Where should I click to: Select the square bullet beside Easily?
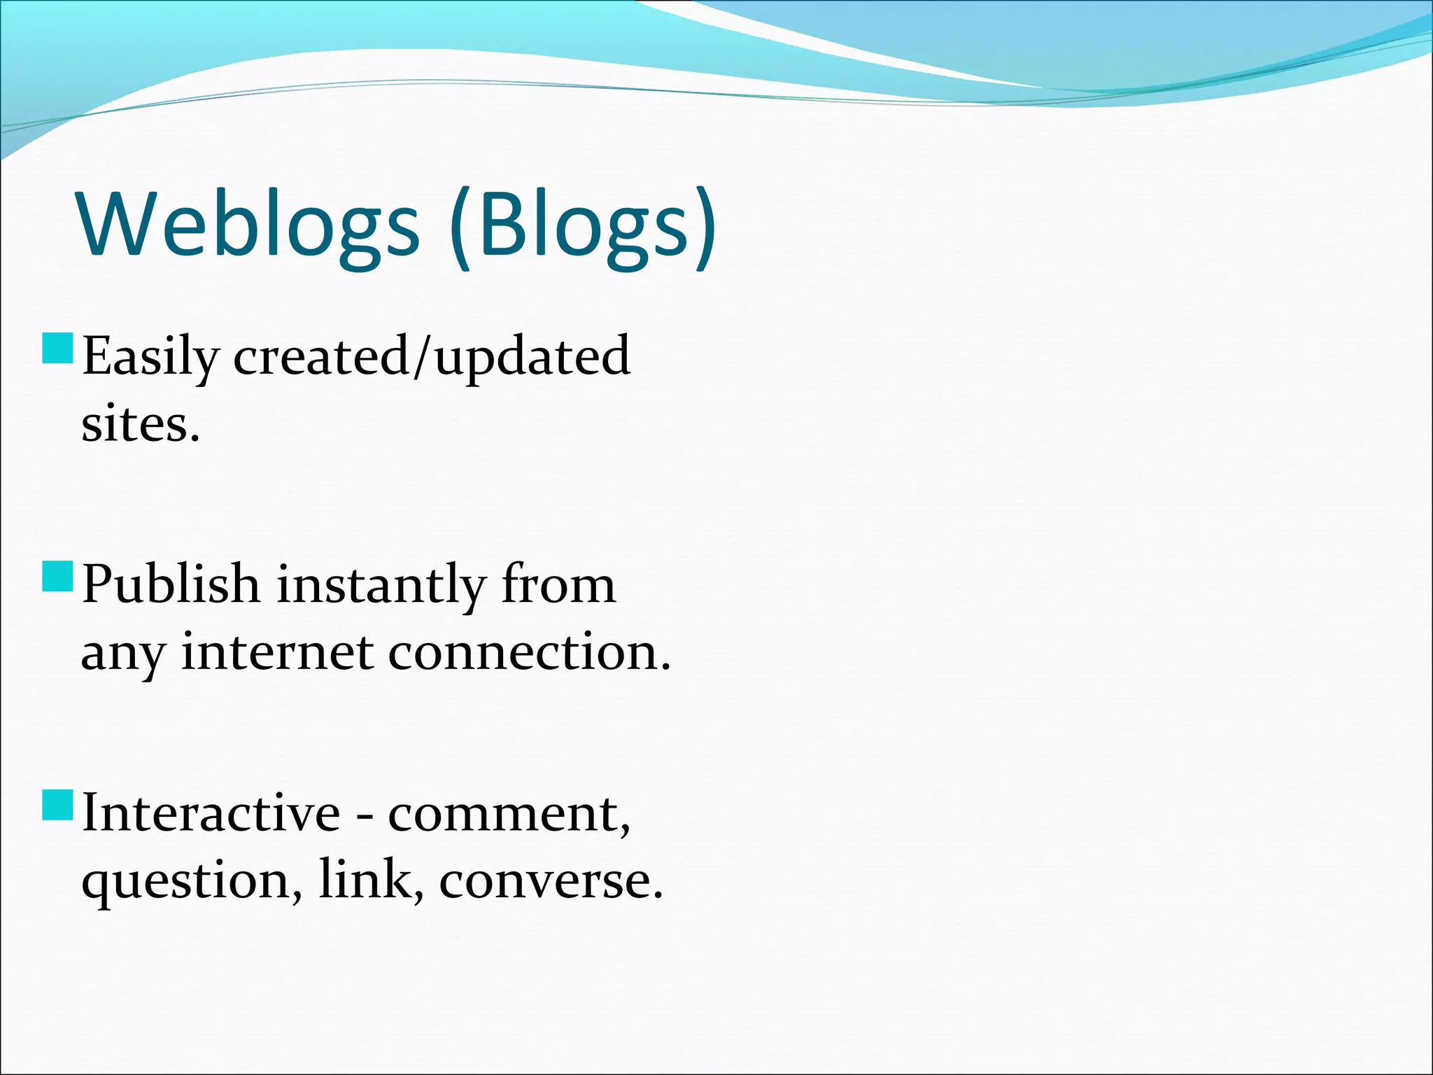[x=57, y=349]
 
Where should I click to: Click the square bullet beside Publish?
[x=57, y=577]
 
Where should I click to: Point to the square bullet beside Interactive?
[x=57, y=805]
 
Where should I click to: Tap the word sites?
[x=141, y=425]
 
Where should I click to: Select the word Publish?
[x=171, y=585]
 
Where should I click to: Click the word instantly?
[x=381, y=585]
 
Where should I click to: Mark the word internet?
[x=276, y=652]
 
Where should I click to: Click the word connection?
[x=529, y=652]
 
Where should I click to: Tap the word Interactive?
[x=211, y=813]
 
